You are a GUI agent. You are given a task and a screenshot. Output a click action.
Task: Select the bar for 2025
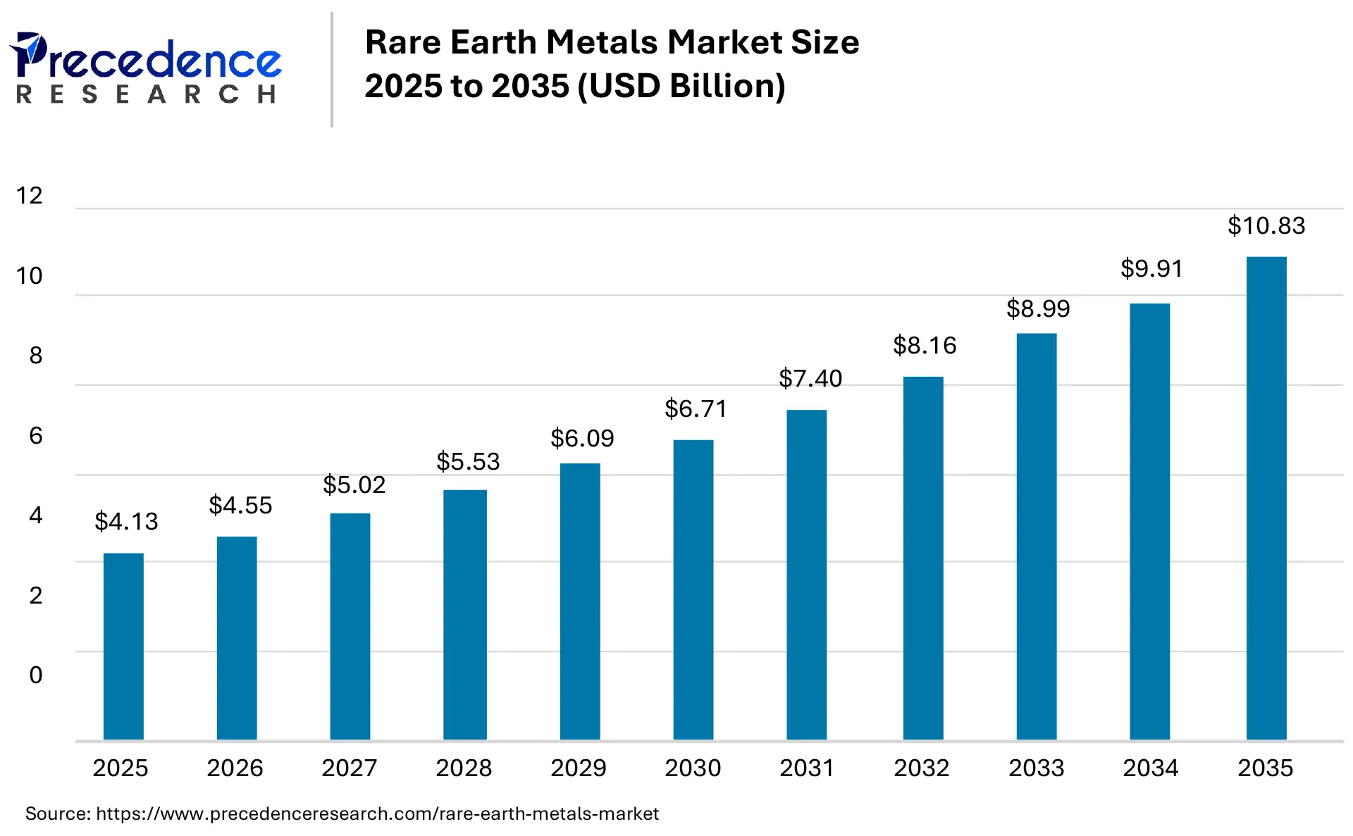click(x=123, y=646)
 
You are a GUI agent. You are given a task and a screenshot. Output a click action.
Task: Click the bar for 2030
click(x=693, y=589)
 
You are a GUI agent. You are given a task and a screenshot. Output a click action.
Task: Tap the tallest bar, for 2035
click(x=1266, y=498)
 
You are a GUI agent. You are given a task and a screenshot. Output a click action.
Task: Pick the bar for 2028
click(x=465, y=614)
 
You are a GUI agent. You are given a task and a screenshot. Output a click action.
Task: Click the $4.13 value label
click(x=126, y=522)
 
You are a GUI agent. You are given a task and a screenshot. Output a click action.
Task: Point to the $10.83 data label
click(x=1266, y=226)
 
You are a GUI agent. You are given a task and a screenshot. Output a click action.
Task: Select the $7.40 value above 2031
click(x=810, y=379)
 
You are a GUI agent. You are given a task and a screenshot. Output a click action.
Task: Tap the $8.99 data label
click(x=1038, y=309)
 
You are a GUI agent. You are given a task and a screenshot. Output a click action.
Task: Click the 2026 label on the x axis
click(x=235, y=768)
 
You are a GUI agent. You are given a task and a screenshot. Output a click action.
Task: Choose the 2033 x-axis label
click(x=1036, y=768)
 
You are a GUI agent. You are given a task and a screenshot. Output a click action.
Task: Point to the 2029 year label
click(x=579, y=768)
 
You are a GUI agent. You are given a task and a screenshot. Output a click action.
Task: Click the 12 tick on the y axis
click(x=30, y=196)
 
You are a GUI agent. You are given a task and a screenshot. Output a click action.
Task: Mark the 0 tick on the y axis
click(x=36, y=675)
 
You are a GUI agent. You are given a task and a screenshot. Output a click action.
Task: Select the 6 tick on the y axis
click(x=36, y=436)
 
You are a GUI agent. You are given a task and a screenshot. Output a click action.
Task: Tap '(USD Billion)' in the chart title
click(x=681, y=87)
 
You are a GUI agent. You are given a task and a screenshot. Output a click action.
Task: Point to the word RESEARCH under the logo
click(x=147, y=94)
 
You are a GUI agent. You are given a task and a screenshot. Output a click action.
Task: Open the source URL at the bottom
click(x=377, y=814)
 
